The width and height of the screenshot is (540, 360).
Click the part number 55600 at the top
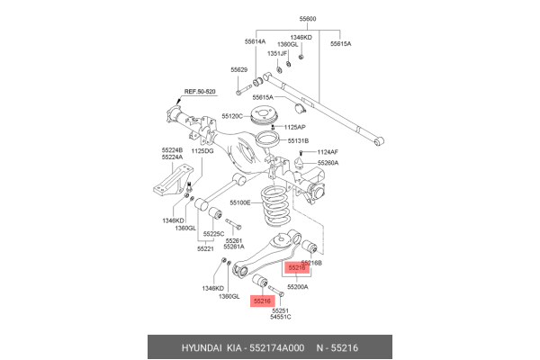pyautogui.click(x=309, y=18)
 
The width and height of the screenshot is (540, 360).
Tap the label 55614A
pyautogui.click(x=256, y=42)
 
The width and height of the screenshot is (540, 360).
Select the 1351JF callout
pyautogui.click(x=276, y=54)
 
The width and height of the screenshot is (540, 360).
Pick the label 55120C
pyautogui.click(x=238, y=117)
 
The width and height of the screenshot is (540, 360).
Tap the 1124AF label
pyautogui.click(x=328, y=152)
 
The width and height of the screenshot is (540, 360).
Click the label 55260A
pyautogui.click(x=326, y=163)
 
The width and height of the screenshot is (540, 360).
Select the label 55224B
pyautogui.click(x=173, y=150)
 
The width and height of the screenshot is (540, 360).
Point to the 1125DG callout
pyautogui.click(x=202, y=151)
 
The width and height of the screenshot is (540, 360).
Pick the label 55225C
pyautogui.click(x=214, y=234)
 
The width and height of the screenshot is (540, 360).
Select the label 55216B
pyautogui.click(x=311, y=261)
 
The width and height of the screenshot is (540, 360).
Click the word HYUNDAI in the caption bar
pyautogui.click(x=205, y=347)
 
